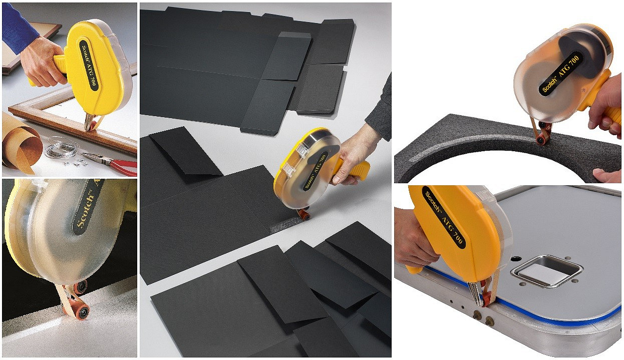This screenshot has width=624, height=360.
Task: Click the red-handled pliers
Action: [117, 164]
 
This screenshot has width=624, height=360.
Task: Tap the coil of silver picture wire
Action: [62, 148]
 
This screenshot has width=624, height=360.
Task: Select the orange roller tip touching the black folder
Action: [303, 215]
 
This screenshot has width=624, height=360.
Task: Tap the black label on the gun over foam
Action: [561, 74]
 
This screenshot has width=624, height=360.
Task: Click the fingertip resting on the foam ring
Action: [607, 175]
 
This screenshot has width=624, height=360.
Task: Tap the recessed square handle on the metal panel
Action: [543, 271]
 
